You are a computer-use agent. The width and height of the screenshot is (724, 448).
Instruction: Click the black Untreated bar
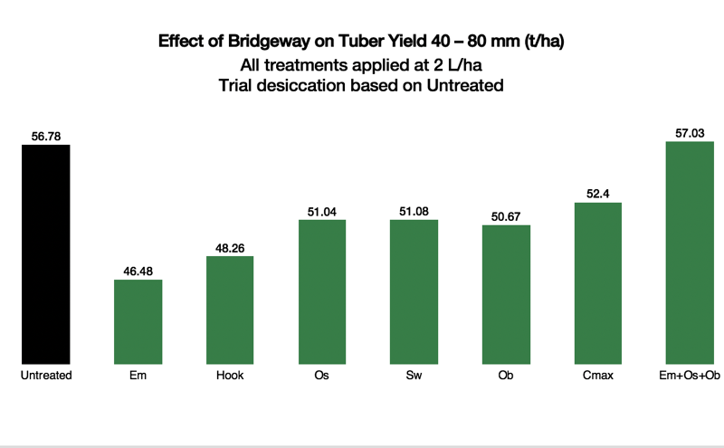[x=46, y=254]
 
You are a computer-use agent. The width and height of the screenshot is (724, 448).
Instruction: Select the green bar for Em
[x=138, y=322]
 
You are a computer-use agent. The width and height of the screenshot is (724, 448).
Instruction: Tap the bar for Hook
[x=230, y=310]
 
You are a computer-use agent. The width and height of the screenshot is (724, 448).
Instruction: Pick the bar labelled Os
[x=322, y=292]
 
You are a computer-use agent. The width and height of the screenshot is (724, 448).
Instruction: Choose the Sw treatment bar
[x=414, y=292]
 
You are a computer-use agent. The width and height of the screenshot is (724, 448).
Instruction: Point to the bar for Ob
[x=506, y=295]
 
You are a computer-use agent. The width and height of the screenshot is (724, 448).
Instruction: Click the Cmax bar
[x=598, y=283]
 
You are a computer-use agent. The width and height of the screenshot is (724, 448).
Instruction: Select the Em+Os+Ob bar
[x=690, y=253]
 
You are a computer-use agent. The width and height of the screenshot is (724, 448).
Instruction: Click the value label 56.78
[x=46, y=137]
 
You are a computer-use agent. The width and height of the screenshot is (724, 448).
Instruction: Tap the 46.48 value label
[x=138, y=272]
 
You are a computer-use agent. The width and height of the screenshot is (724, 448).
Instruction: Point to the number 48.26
[x=230, y=248]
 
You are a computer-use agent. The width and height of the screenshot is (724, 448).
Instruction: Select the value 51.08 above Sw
[x=414, y=211]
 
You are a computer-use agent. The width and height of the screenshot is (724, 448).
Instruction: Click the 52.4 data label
[x=598, y=194]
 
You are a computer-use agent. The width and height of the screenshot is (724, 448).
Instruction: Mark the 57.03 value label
[x=690, y=133]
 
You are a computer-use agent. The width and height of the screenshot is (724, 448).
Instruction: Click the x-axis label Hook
[x=230, y=375]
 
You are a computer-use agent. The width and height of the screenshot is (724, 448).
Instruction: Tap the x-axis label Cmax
[x=598, y=375]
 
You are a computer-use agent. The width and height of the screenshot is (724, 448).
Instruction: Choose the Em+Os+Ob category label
[x=690, y=375]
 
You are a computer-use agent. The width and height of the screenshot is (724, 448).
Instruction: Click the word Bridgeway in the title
[x=269, y=41]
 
